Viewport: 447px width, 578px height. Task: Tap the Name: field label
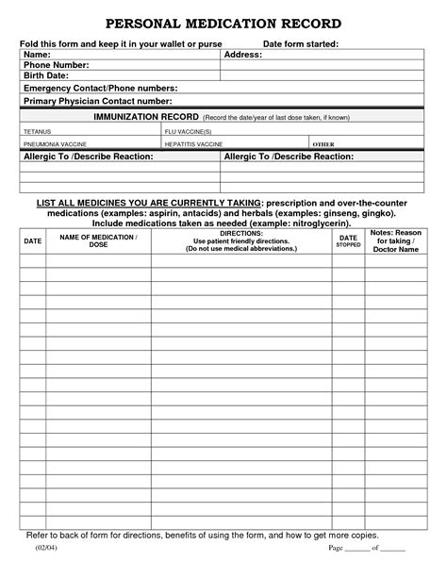pyautogui.click(x=39, y=55)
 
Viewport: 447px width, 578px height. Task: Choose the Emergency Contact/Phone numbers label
pyautogui.click(x=100, y=88)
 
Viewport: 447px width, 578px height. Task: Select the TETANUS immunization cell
pyautogui.click(x=39, y=131)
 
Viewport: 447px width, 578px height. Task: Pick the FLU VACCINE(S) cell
pyautogui.click(x=189, y=131)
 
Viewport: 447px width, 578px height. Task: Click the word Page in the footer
pyautogui.click(x=337, y=547)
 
